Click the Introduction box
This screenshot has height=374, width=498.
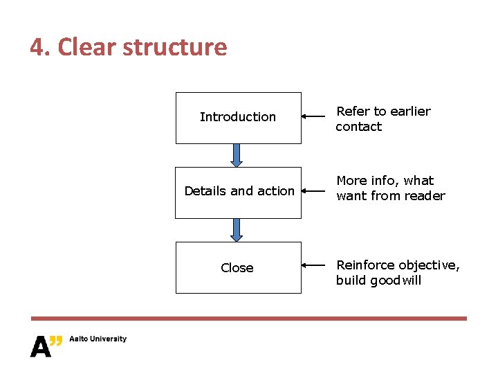tap(238, 118)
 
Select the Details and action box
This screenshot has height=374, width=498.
tap(238, 192)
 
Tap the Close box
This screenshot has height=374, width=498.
tap(238, 267)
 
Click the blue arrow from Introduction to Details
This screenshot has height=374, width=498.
tap(237, 155)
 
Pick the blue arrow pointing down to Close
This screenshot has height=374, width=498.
tap(237, 230)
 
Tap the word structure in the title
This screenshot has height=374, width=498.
tap(176, 47)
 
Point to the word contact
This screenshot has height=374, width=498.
tap(359, 127)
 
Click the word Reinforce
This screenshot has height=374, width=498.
tap(366, 265)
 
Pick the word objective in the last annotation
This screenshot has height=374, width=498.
tap(429, 265)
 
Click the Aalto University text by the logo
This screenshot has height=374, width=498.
tap(97, 339)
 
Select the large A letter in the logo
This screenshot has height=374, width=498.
tap(41, 346)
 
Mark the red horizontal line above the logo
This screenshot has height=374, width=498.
tap(249, 319)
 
